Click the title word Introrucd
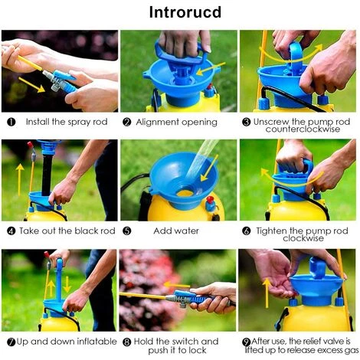point(185,12)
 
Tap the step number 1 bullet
point(11,122)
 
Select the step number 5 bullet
point(127,231)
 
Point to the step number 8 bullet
point(127,342)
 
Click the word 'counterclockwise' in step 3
point(303,129)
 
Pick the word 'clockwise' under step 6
point(303,238)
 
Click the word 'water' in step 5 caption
point(188,231)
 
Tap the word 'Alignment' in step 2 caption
point(157,123)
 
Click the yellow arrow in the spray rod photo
point(31,85)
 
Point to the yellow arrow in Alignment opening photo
point(211,69)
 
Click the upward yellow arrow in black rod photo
point(20,180)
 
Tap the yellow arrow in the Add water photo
point(210,168)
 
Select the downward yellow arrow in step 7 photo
point(67,284)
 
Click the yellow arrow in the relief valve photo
point(267,293)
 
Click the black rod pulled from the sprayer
point(47,174)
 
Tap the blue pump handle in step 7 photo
point(59,280)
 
